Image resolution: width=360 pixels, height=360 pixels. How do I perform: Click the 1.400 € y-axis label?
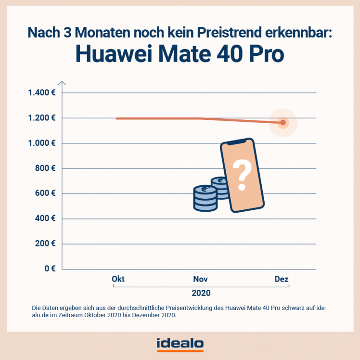(x=41, y=93)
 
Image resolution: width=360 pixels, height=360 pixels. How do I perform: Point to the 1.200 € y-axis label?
(x=41, y=118)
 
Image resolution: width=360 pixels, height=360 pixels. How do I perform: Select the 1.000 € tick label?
(x=41, y=143)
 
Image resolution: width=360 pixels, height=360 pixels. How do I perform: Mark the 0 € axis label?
(x=49, y=269)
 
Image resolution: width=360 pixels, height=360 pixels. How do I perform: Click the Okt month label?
(x=118, y=279)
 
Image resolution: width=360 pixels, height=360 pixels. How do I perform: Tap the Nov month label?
(x=201, y=279)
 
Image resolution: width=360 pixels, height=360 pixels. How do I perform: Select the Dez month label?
(x=281, y=279)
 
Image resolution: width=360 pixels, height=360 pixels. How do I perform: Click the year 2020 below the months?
(x=201, y=293)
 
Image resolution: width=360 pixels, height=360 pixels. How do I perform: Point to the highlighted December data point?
(x=283, y=123)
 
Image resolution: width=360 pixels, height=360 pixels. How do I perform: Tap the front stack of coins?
(x=205, y=199)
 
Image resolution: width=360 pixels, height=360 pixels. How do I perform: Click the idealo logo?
(x=180, y=344)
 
